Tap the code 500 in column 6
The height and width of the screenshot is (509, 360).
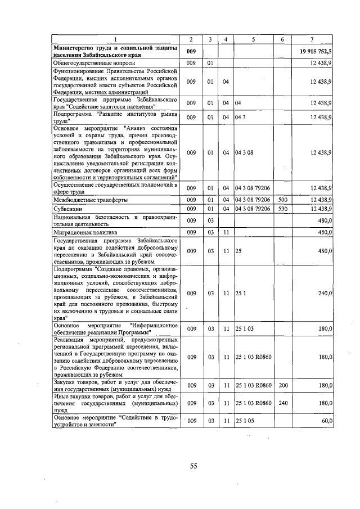[x=282, y=200]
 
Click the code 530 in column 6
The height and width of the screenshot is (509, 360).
[x=282, y=209]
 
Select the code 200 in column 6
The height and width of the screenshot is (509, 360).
[x=282, y=385]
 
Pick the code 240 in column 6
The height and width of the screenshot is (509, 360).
[x=282, y=403]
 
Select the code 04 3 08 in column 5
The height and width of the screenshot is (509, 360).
[x=245, y=152]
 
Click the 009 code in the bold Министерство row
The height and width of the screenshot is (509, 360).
[x=191, y=51]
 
